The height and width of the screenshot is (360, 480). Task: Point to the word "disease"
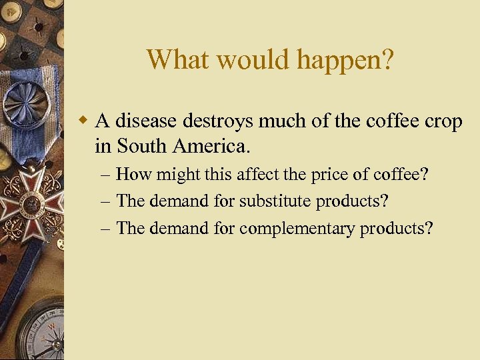[x=147, y=121]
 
